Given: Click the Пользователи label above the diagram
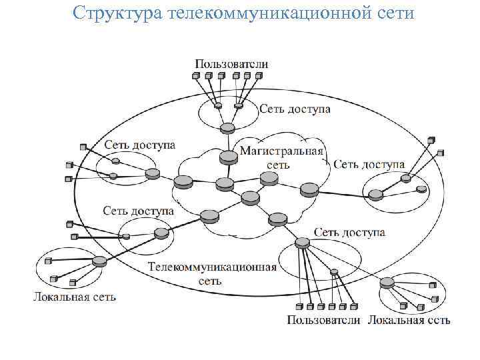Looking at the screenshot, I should point(231,64).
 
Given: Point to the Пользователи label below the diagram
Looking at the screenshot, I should point(323,320).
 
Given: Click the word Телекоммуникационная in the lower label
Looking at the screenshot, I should point(211,267).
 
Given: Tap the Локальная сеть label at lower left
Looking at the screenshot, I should point(75,297).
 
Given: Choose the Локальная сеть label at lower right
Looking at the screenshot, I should point(409,320).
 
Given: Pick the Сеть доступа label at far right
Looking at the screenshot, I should point(369,164).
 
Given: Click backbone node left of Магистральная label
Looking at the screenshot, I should point(228,157).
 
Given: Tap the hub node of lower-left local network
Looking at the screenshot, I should point(99,261).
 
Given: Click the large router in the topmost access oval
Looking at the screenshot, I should point(228,128).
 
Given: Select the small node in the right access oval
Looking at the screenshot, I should point(421,189).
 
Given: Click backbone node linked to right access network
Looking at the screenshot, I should point(309,189).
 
